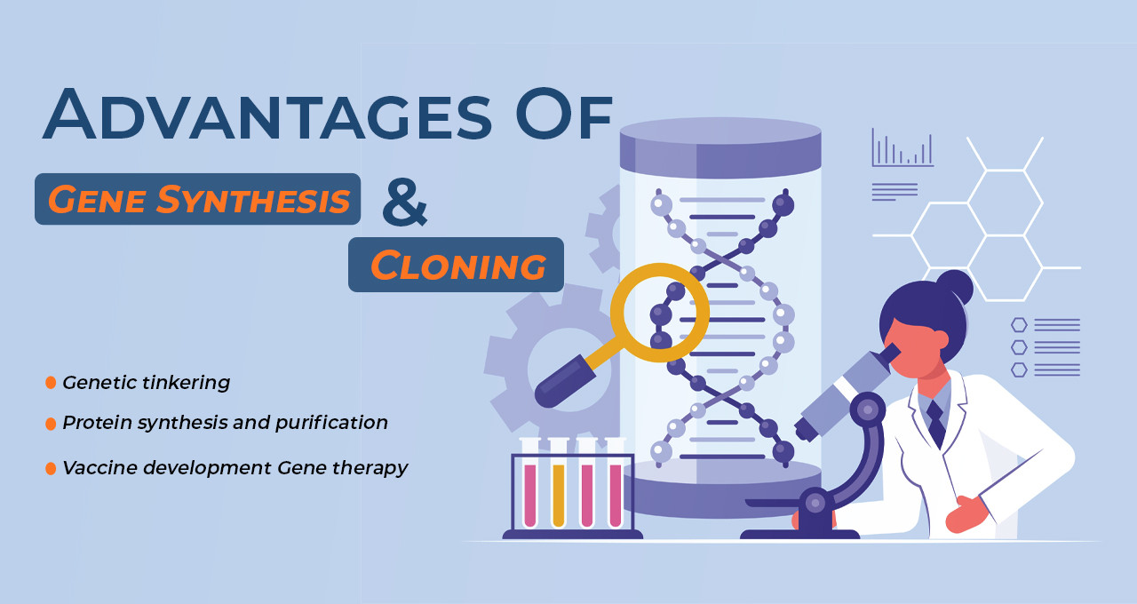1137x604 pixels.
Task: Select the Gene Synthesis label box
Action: [197, 199]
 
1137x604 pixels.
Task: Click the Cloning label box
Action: [457, 265]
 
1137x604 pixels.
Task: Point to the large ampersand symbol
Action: [404, 202]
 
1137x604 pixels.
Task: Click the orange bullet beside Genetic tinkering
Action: [51, 383]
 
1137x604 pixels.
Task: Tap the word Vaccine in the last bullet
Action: [98, 468]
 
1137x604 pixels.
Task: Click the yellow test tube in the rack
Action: [559, 493]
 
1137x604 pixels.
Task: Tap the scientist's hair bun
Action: [954, 287]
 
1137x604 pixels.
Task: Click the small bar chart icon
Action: [902, 149]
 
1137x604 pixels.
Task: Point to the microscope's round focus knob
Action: [866, 409]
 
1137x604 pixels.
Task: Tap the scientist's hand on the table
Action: [967, 513]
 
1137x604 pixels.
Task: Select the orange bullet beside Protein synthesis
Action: [51, 424]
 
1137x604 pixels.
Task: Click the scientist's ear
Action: [939, 339]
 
